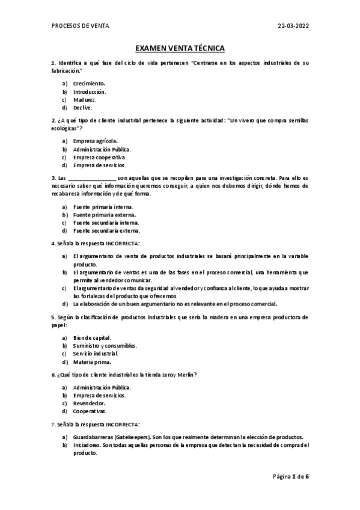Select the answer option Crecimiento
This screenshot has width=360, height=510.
(89, 83)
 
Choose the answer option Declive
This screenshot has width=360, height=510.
(83, 108)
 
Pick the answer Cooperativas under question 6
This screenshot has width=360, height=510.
(90, 411)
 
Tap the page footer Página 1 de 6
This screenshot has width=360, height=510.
(291, 476)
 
